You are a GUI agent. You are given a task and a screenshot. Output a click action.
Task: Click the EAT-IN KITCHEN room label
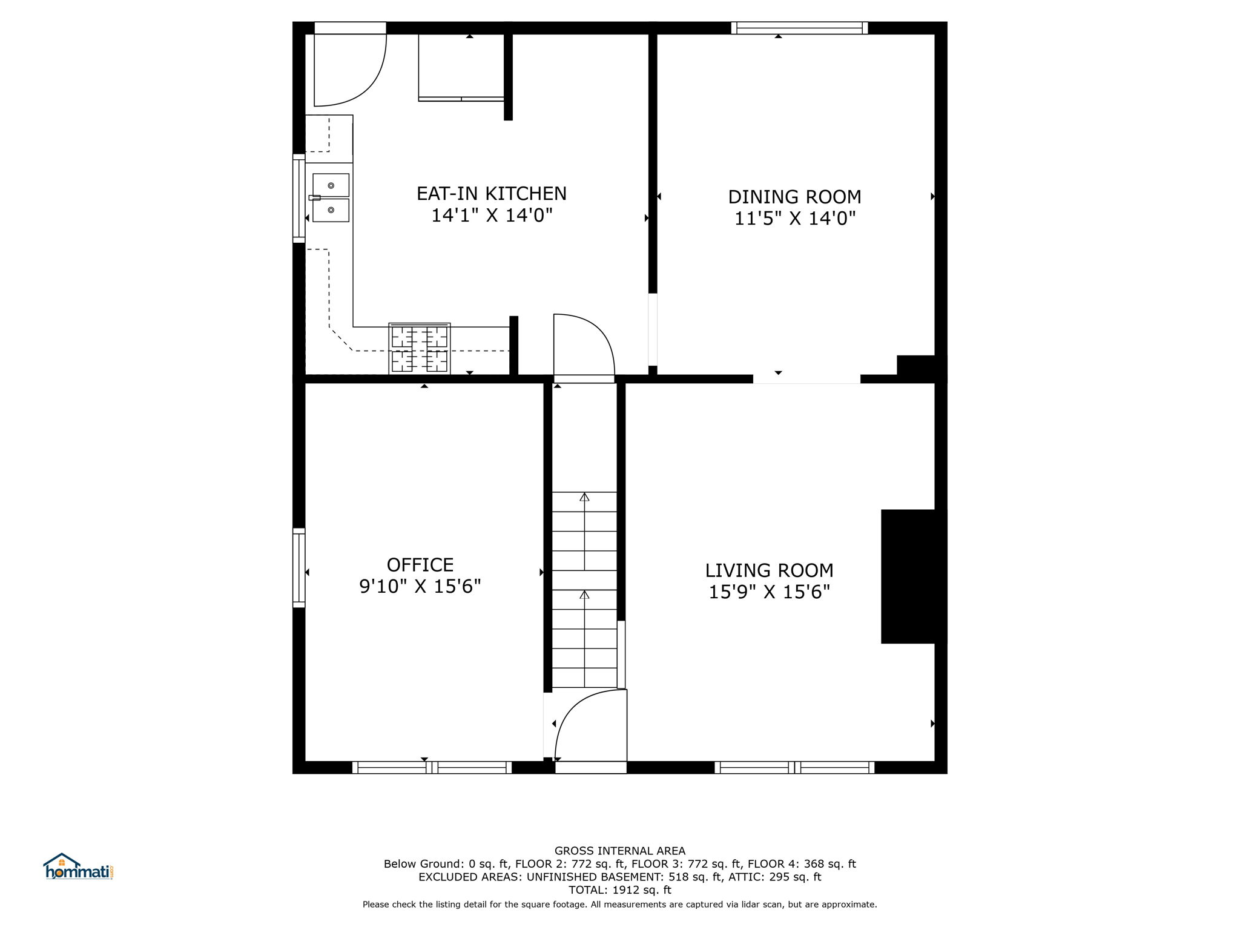point(492,194)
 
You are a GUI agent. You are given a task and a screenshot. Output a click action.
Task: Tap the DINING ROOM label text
point(794,197)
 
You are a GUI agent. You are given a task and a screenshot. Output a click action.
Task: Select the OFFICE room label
point(420,565)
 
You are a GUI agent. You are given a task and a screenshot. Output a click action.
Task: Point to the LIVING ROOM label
point(769,570)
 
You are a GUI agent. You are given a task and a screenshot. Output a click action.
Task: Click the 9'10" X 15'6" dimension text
point(420,586)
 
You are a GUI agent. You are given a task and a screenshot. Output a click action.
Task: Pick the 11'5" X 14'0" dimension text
point(794,218)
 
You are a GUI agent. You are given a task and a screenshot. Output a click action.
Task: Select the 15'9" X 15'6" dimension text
point(769,592)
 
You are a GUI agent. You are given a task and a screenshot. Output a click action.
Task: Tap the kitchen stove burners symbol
point(420,349)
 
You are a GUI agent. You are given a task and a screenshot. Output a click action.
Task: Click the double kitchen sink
point(331,198)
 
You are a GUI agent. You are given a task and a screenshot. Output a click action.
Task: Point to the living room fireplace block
point(913,576)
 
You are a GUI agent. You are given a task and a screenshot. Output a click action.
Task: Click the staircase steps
point(584,590)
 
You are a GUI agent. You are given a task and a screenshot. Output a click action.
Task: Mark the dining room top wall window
point(799,28)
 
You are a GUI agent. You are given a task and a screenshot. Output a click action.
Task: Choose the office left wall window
point(299,567)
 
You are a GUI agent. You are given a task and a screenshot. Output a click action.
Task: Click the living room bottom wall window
point(794,768)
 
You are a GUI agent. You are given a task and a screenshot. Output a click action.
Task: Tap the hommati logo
point(79,866)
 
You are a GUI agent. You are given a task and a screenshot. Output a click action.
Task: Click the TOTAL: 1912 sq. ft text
point(620,890)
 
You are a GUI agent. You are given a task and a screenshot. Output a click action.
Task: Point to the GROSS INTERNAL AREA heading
point(620,851)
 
